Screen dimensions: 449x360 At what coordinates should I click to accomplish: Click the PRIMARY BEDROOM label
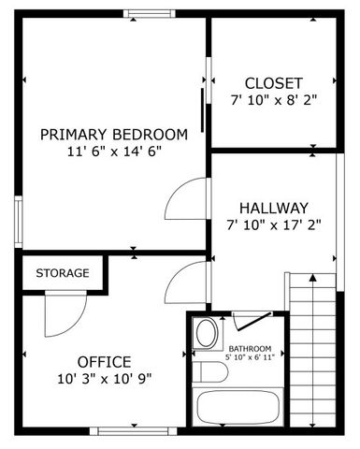pos(114,133)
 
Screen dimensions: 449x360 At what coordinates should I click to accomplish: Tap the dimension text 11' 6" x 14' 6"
pos(114,151)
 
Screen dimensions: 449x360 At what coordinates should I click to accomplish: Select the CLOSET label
pos(273,81)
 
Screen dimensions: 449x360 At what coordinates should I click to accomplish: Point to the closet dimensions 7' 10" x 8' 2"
pos(273,99)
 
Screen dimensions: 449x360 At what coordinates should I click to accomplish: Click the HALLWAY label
pos(273,207)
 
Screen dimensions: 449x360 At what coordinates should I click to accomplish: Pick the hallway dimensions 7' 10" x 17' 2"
pos(273,224)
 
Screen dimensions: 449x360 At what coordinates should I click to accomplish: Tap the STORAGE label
pos(63,273)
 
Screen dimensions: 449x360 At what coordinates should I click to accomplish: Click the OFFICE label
pos(104,361)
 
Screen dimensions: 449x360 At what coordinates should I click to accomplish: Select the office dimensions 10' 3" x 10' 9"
pos(104,379)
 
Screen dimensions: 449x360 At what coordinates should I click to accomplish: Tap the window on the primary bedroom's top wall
pos(150,13)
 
